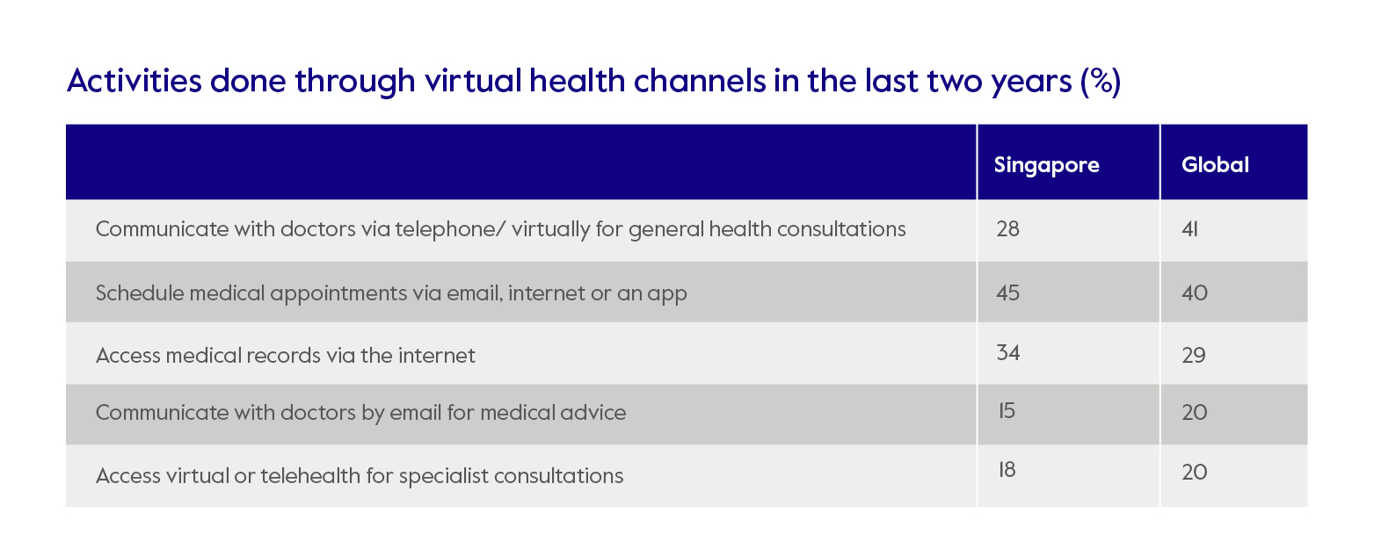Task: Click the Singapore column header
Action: (x=1046, y=165)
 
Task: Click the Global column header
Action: (x=1215, y=165)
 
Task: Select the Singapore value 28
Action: (x=1008, y=229)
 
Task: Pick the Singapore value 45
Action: (x=1008, y=292)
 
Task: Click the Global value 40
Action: (x=1195, y=292)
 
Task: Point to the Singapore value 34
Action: (x=1008, y=352)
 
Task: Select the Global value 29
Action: (x=1194, y=356)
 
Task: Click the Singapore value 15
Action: (x=1006, y=409)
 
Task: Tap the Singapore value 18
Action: (x=1007, y=470)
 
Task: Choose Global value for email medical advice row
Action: (x=1195, y=413)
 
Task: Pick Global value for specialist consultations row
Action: (x=1195, y=473)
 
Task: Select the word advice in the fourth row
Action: (x=597, y=413)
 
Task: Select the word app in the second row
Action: (x=668, y=295)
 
